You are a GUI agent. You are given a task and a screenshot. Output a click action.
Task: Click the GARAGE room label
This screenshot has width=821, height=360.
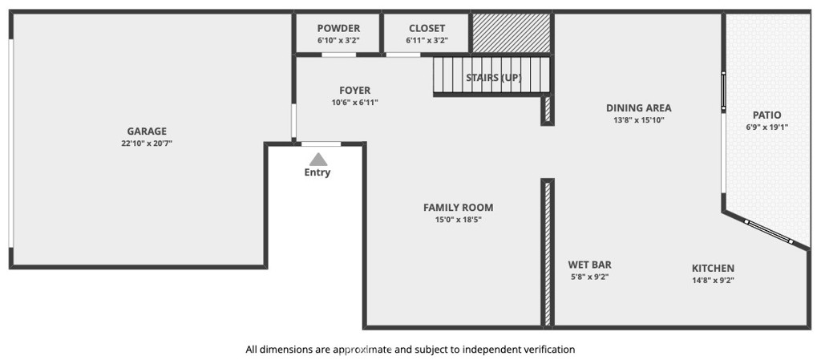(x=147, y=131)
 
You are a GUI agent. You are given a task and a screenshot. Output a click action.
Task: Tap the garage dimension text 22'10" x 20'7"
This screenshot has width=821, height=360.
(x=147, y=144)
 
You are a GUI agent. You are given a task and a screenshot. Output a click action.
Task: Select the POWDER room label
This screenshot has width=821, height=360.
(x=338, y=29)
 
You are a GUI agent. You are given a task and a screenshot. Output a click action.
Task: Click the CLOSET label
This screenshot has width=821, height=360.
(x=427, y=29)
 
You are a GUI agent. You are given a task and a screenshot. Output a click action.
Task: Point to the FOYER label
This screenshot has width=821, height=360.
(x=354, y=91)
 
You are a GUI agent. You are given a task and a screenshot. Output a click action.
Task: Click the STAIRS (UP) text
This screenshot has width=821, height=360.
(x=494, y=78)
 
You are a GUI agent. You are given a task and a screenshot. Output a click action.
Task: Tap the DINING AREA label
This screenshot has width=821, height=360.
(x=638, y=108)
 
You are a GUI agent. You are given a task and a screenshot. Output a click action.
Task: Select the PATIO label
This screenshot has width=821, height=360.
(x=766, y=115)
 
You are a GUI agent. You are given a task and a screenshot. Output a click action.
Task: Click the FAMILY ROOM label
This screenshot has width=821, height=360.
(x=458, y=208)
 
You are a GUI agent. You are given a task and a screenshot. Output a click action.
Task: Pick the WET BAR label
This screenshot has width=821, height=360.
(x=589, y=265)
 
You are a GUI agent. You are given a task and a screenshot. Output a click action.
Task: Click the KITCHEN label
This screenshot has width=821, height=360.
(x=713, y=269)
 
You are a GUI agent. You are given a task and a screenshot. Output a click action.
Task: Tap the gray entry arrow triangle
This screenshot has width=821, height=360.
(x=318, y=160)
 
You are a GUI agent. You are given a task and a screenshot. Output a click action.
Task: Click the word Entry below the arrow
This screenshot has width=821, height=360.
(x=317, y=172)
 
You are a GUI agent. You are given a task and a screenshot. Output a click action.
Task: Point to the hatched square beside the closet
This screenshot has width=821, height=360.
(x=512, y=33)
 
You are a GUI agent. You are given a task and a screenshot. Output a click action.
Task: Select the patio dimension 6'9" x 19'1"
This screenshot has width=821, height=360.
(x=766, y=127)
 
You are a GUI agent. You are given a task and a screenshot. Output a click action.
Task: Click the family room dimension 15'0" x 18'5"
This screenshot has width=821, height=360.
(x=458, y=220)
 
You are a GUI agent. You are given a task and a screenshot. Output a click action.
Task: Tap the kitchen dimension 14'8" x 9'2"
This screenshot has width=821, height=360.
(x=713, y=281)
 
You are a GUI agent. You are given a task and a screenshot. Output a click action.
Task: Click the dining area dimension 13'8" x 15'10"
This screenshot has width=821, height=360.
(x=638, y=120)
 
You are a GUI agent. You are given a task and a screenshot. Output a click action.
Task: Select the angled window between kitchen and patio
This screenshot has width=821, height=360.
(x=768, y=231)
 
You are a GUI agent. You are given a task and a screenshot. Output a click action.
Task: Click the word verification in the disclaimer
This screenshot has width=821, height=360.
(x=548, y=350)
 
